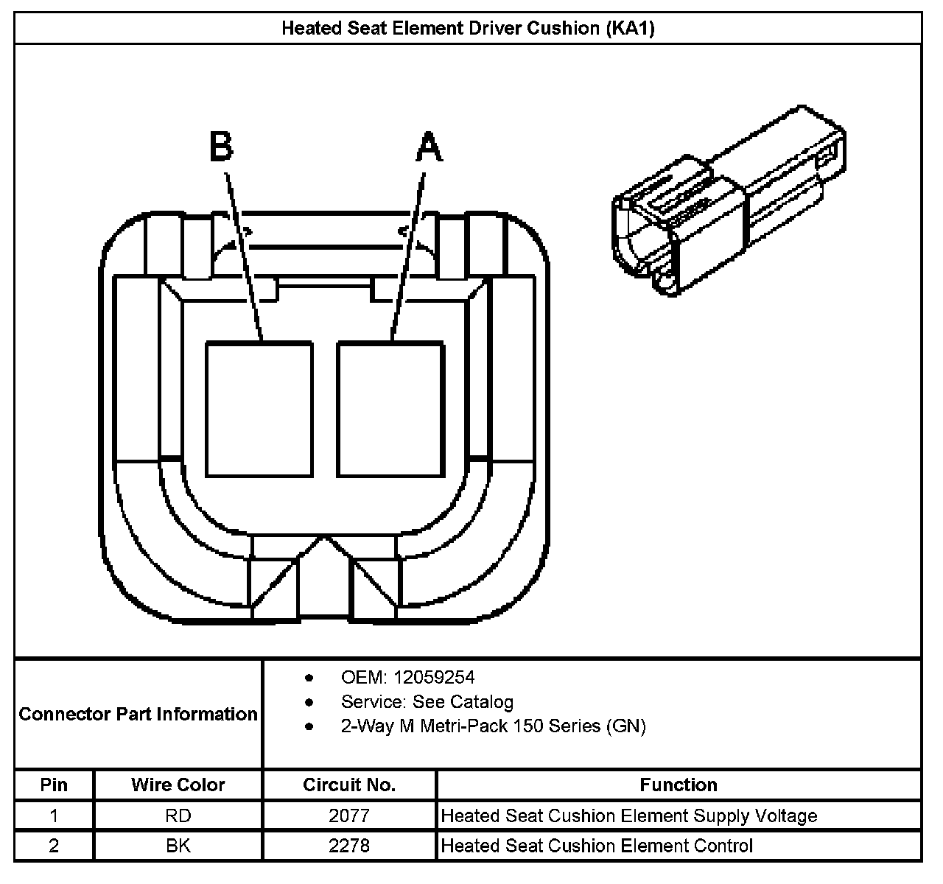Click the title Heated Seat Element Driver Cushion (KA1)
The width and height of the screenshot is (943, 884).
(468, 29)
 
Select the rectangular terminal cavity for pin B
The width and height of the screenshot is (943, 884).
(259, 409)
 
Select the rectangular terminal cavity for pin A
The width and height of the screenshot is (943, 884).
(390, 409)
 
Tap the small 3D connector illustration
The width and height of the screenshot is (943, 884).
(728, 203)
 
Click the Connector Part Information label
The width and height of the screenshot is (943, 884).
(139, 714)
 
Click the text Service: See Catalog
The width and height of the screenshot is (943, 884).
(427, 701)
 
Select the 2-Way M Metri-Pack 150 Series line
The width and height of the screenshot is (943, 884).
(493, 726)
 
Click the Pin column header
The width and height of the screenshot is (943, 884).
(54, 785)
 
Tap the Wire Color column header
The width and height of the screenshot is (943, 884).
(178, 785)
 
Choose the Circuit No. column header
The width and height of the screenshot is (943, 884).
(349, 785)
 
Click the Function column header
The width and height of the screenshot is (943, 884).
(679, 785)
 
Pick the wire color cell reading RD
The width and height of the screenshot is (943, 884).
(178, 815)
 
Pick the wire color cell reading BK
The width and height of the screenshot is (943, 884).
(178, 846)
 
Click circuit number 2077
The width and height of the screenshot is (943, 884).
(349, 815)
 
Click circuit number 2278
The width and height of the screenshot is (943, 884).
(349, 846)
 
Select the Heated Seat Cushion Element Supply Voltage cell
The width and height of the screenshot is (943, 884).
(629, 815)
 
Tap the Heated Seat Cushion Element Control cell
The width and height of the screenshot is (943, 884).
(597, 846)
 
